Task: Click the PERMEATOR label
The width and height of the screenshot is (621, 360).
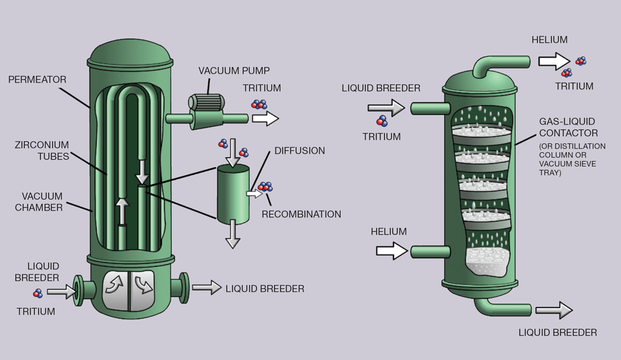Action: [x=37, y=80]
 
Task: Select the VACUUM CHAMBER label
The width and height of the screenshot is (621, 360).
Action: [x=42, y=202]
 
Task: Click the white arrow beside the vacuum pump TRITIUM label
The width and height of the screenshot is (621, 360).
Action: [x=269, y=118]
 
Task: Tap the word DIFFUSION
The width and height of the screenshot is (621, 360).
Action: [x=299, y=151]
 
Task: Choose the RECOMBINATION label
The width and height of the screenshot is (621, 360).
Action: [x=301, y=214]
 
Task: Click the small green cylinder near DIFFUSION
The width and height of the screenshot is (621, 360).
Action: [x=233, y=194]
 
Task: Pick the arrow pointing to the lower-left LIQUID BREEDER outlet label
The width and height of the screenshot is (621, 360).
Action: [x=206, y=288]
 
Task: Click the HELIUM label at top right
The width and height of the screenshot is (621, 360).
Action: [x=549, y=40]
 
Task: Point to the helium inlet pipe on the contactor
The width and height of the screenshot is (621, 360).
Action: [x=428, y=252]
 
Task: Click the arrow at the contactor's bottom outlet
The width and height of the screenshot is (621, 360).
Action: [x=553, y=311]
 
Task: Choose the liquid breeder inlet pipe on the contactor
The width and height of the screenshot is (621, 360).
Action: [x=428, y=108]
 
